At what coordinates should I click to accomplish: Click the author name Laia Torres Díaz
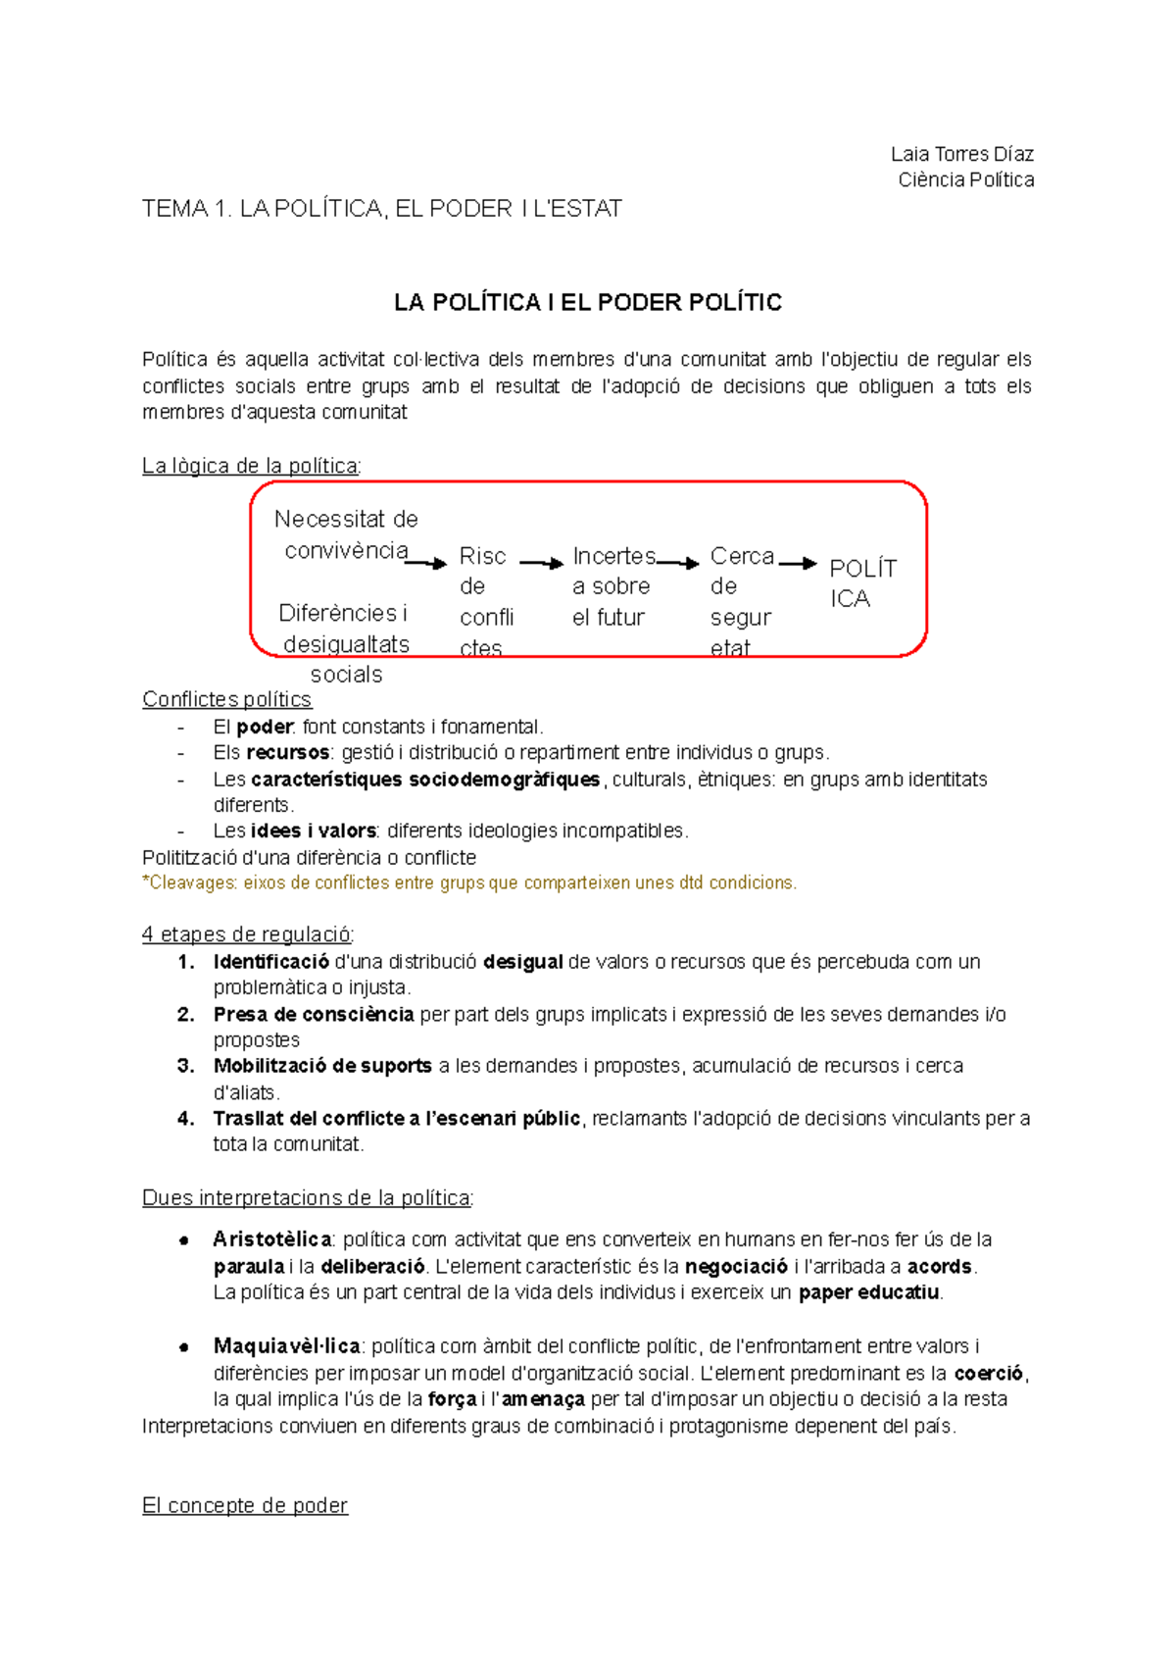coord(961,154)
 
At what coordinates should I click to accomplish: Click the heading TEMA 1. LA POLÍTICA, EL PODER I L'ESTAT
coord(381,209)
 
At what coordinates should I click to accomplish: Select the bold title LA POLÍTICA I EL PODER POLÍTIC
coord(587,302)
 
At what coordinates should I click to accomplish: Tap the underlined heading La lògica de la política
coord(250,466)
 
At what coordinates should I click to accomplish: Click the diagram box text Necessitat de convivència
coord(346,534)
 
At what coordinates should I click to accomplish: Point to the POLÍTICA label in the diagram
coord(861,583)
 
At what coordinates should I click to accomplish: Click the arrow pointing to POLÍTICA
coord(797,563)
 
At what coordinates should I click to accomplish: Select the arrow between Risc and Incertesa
coord(541,563)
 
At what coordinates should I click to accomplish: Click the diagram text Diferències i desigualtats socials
coord(345,643)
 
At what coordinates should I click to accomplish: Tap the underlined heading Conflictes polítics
coord(226,699)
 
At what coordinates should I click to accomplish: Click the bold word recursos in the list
coord(287,752)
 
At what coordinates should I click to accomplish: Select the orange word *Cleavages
coord(190,883)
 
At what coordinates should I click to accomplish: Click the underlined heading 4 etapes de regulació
coord(247,933)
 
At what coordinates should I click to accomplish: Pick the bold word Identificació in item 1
coord(270,962)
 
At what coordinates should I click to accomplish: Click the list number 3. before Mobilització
coord(186,1066)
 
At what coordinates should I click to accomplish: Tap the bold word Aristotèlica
coord(271,1239)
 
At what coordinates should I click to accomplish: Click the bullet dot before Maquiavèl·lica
coord(183,1347)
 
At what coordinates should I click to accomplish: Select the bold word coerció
coord(988,1373)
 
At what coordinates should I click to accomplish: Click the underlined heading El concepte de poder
coord(244,1505)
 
